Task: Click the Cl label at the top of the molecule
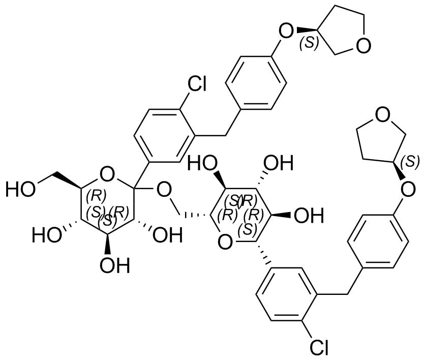[197, 84]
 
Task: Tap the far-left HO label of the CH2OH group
[20, 189]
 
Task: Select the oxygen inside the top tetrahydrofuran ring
[363, 45]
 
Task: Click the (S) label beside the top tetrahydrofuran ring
[309, 43]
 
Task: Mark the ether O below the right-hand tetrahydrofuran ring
[408, 189]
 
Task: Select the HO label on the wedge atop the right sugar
[203, 163]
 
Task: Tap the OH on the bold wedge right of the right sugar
[309, 216]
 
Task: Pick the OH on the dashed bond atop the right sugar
[279, 163]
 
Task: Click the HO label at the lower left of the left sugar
[47, 235]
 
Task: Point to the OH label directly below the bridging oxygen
[167, 235]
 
